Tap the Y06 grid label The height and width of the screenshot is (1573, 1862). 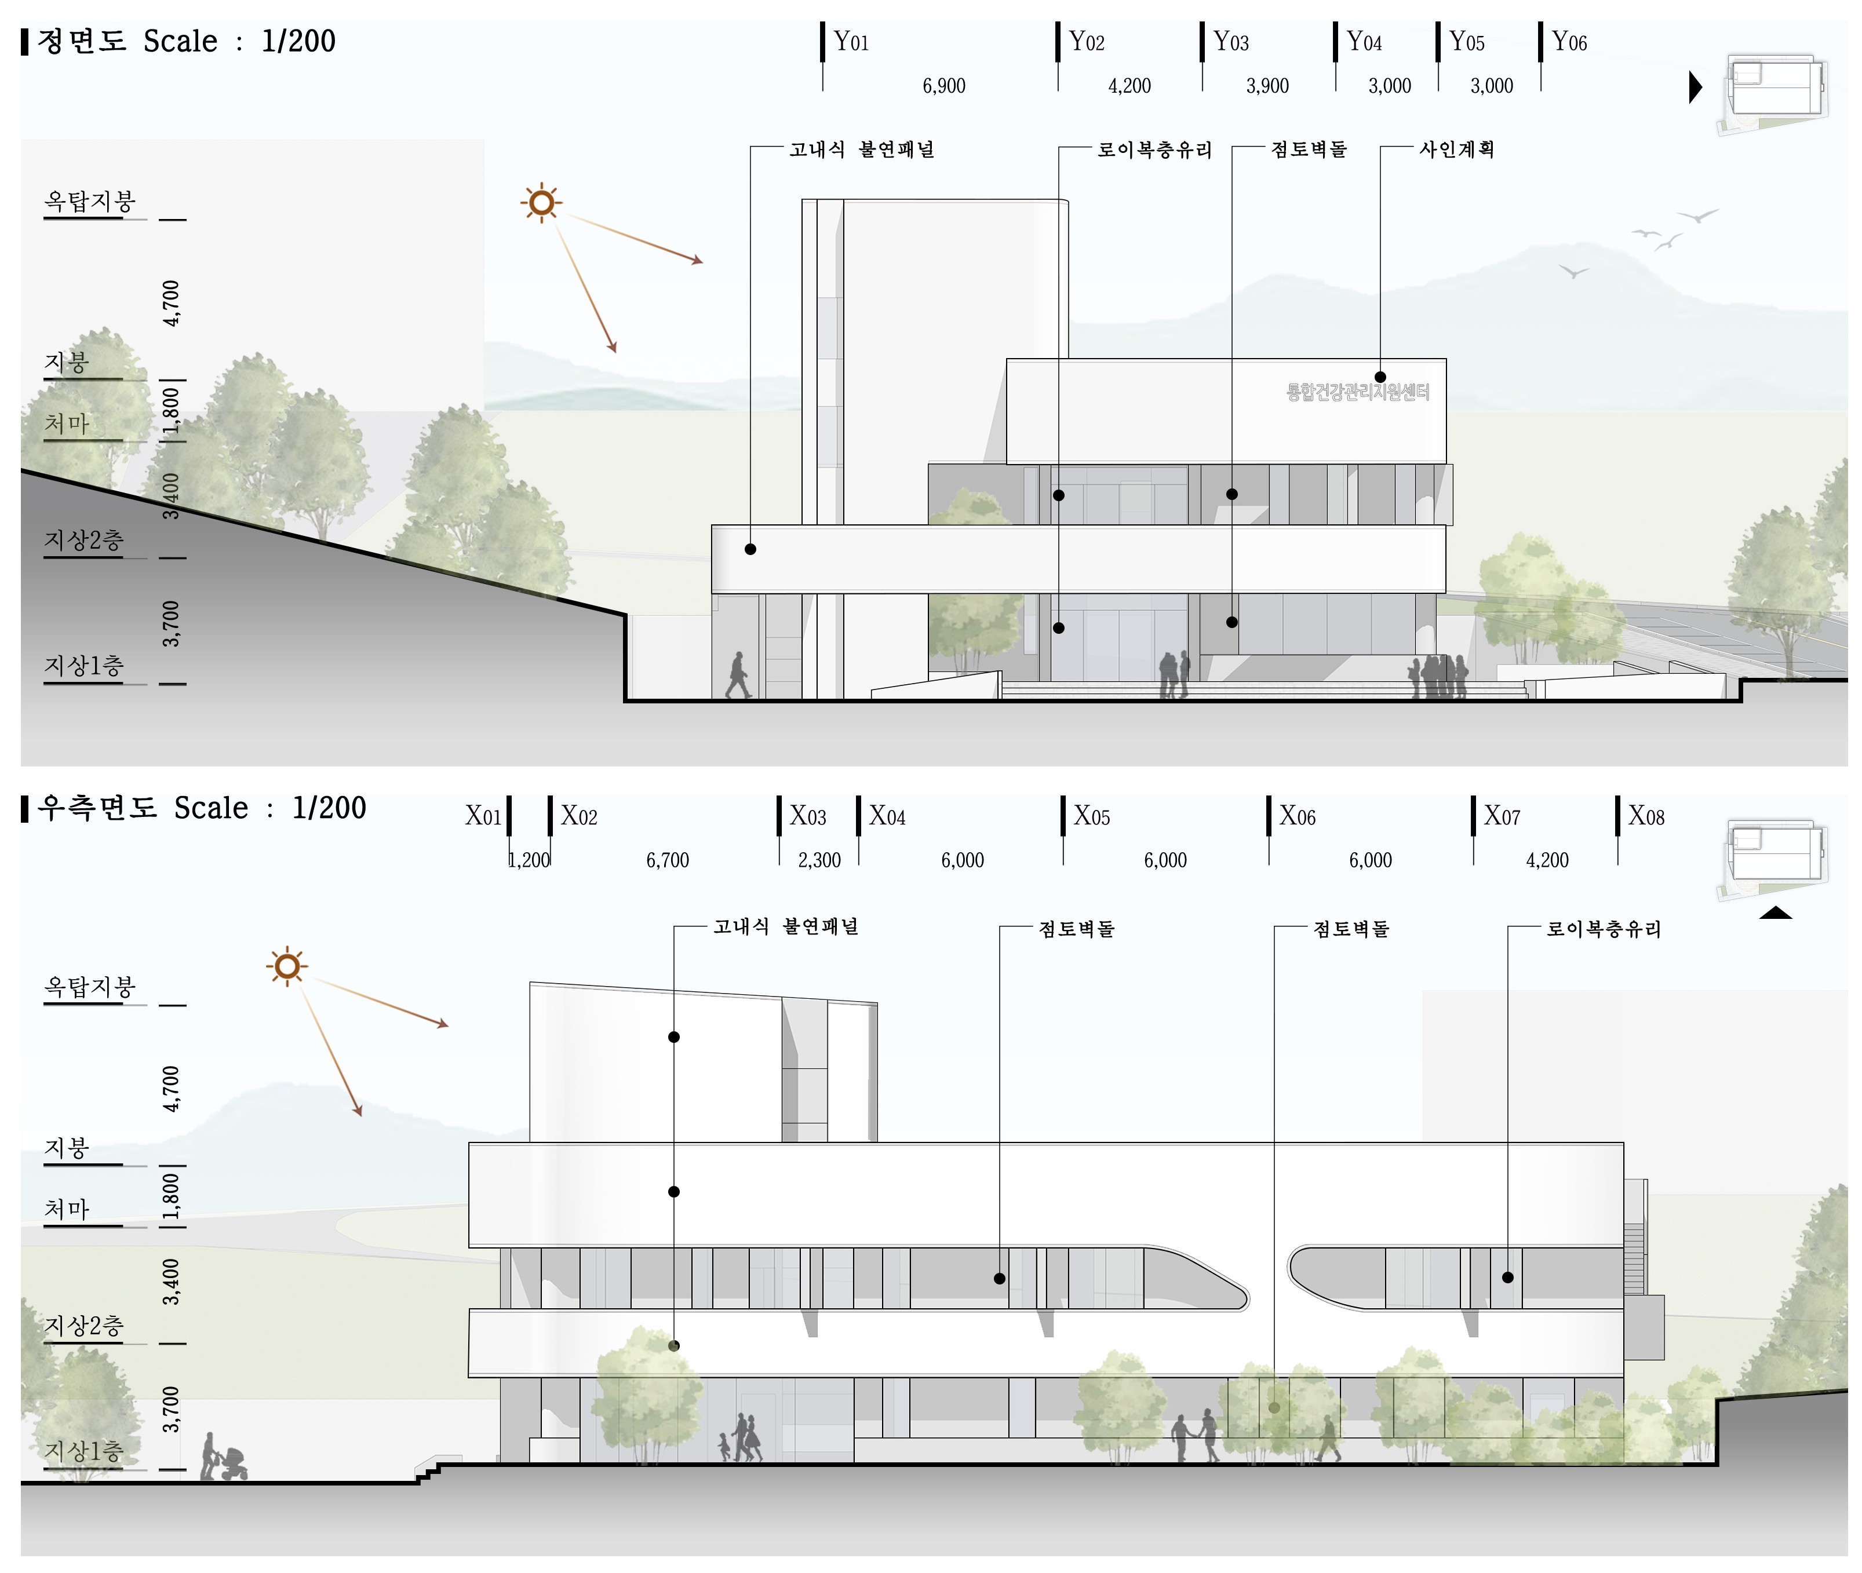(1569, 42)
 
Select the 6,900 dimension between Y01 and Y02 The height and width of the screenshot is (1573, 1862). (943, 86)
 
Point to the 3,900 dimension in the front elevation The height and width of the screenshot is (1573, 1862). (1267, 86)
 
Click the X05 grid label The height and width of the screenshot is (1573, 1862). (1091, 816)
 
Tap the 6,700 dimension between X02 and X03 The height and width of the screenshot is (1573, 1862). (667, 860)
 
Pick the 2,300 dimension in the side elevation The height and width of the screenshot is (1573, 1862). (819, 860)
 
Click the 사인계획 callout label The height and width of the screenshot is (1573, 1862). (1456, 149)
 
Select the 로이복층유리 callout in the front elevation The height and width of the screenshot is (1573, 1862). (1154, 149)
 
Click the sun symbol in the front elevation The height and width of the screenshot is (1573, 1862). (541, 203)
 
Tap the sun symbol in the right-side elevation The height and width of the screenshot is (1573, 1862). (286, 966)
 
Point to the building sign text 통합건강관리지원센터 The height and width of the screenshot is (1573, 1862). (1357, 392)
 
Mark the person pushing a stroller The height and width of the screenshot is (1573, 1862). (223, 1458)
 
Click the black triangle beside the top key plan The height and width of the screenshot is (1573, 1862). (1695, 87)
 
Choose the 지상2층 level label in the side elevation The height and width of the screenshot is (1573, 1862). (84, 1325)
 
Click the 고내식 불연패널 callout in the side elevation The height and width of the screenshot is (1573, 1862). (785, 926)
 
